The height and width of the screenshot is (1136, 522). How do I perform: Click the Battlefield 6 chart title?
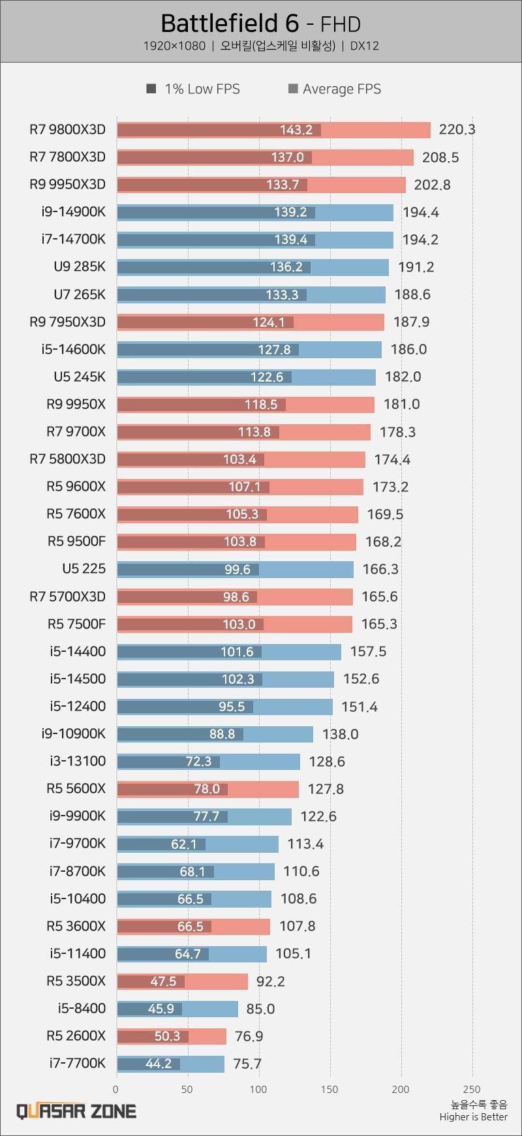pyautogui.click(x=260, y=24)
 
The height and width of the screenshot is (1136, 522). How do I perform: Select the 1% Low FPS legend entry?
pyautogui.click(x=194, y=89)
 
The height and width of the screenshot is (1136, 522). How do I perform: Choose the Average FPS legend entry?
pyautogui.click(x=335, y=89)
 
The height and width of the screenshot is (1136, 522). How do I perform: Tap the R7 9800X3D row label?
pyautogui.click(x=67, y=129)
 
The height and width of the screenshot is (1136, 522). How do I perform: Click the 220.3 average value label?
pyautogui.click(x=457, y=129)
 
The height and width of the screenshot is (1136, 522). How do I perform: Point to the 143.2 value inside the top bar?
pyautogui.click(x=296, y=130)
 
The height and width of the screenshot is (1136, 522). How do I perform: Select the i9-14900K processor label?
pyautogui.click(x=72, y=211)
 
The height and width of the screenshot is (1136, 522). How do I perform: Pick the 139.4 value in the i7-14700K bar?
pyautogui.click(x=290, y=239)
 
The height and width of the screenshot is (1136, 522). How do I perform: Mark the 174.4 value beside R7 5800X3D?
pyautogui.click(x=391, y=459)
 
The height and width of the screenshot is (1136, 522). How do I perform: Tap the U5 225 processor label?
pyautogui.click(x=84, y=568)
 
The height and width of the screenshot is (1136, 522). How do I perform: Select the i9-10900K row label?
pyautogui.click(x=72, y=733)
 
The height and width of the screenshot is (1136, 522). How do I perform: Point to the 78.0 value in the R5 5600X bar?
pyautogui.click(x=206, y=789)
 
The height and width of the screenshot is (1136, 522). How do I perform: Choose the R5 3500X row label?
pyautogui.click(x=76, y=981)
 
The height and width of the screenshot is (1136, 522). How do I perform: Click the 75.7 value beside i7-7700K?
pyautogui.click(x=247, y=1064)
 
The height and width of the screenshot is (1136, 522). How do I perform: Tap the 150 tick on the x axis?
pyautogui.click(x=330, y=1089)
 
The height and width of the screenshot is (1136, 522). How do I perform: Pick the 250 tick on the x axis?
pyautogui.click(x=471, y=1089)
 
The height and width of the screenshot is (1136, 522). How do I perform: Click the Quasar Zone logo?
pyautogui.click(x=76, y=1111)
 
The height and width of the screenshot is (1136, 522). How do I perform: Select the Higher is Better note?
pyautogui.click(x=473, y=1116)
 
